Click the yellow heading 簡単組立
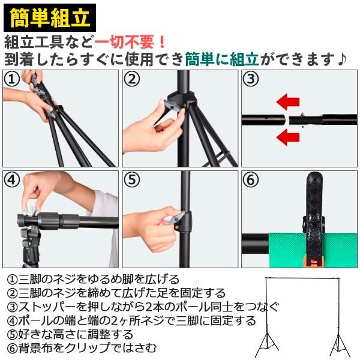[50, 17]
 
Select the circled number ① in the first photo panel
[12, 79]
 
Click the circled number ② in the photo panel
[131, 79]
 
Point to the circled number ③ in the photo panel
[250, 79]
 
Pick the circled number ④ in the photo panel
[12, 179]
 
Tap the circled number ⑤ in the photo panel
[131, 179]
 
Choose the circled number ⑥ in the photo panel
[250, 179]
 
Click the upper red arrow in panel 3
[288, 102]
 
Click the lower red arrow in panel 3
[288, 137]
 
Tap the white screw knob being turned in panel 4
[29, 211]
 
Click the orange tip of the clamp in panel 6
[313, 262]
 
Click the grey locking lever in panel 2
[172, 104]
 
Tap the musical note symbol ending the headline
[341, 59]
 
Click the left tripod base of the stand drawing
[267, 344]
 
